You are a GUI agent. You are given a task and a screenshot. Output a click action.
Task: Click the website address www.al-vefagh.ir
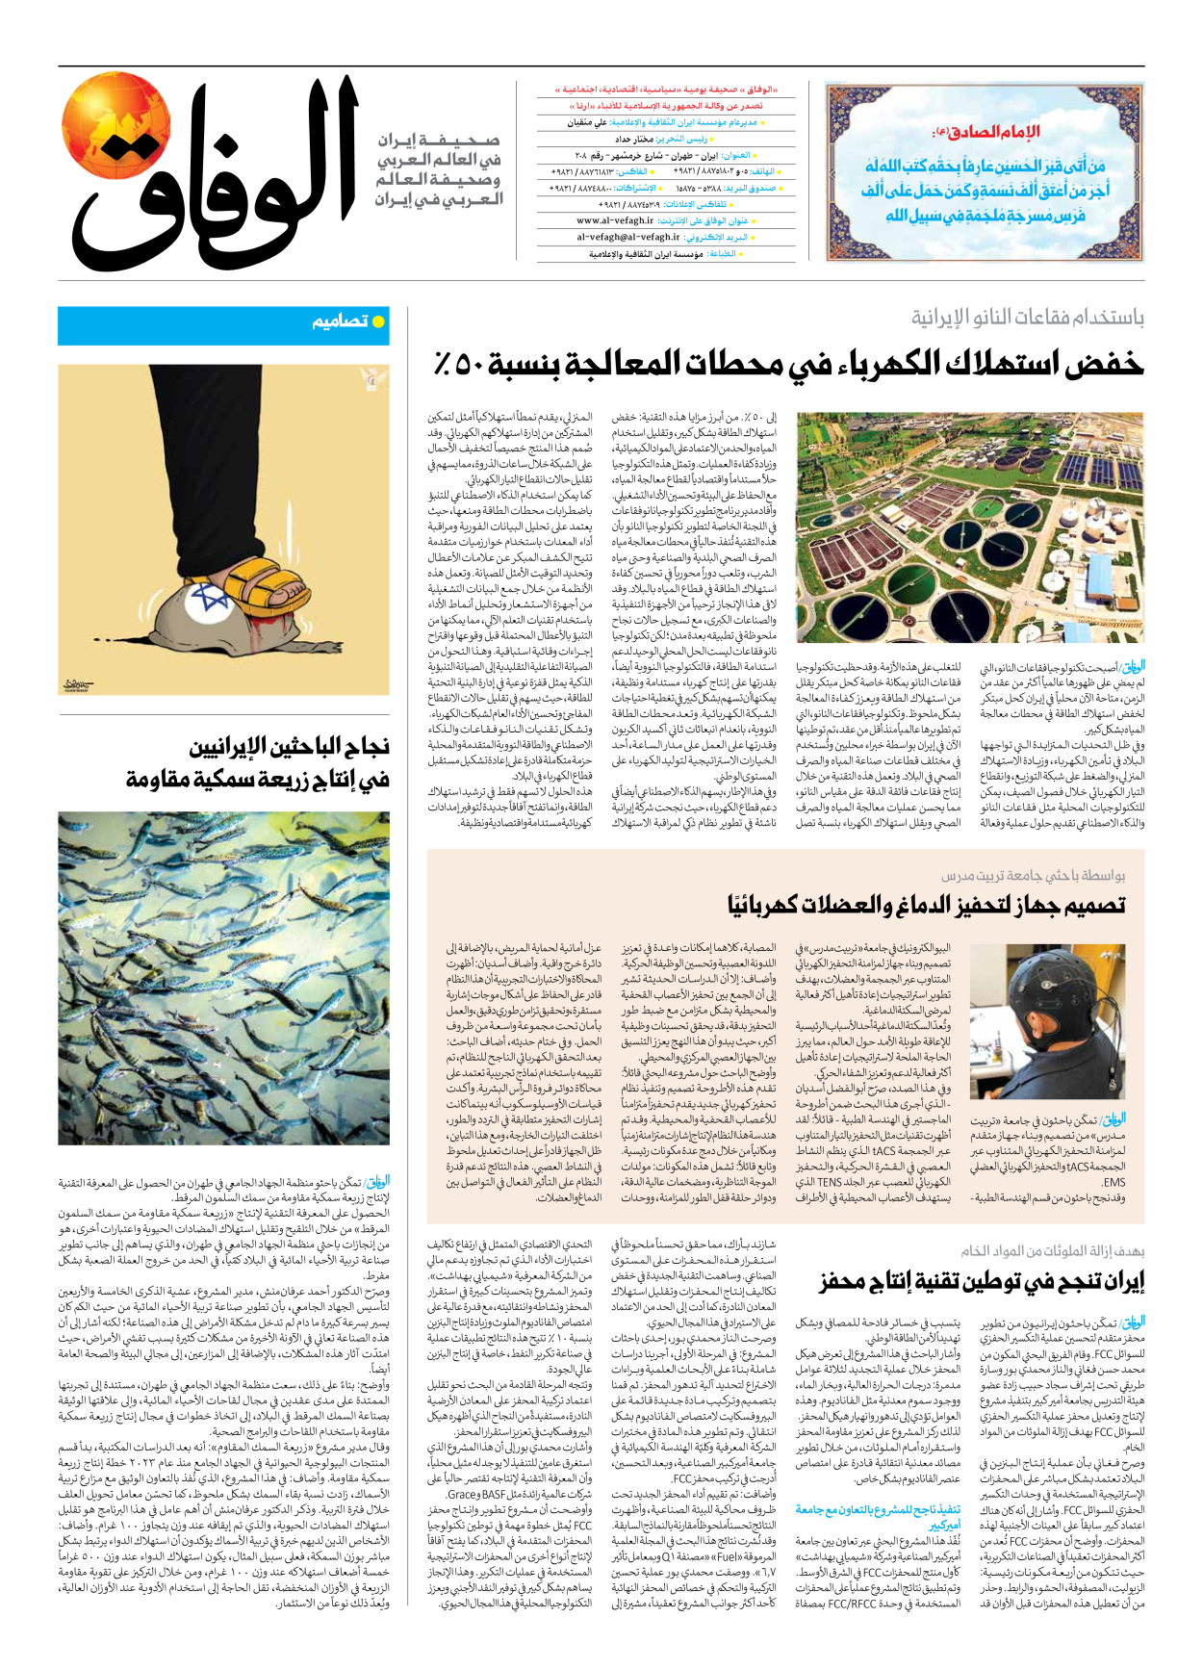tap(615, 220)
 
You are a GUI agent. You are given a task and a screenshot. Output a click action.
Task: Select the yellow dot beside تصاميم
tap(378, 321)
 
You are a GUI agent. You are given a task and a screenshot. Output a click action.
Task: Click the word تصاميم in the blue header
tap(340, 321)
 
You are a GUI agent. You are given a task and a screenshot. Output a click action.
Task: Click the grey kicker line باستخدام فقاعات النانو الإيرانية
tap(1028, 318)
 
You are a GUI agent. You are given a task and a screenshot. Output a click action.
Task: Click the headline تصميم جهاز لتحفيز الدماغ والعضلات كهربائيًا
tap(926, 904)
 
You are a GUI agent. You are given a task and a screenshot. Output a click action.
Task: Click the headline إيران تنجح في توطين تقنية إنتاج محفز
tap(982, 1282)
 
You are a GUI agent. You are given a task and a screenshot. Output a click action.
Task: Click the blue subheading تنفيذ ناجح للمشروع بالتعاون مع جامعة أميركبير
tap(878, 1516)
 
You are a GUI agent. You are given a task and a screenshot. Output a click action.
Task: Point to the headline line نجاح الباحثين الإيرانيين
tap(289, 747)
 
